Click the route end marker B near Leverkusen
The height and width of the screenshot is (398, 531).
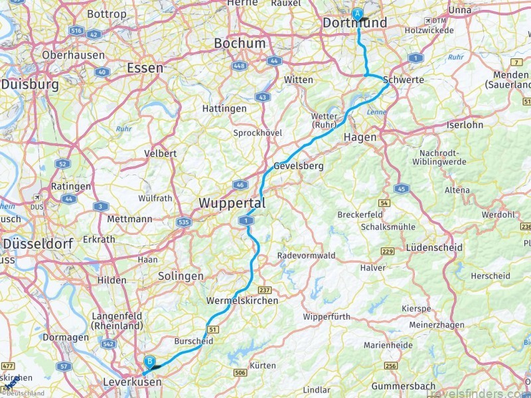tap(150, 361)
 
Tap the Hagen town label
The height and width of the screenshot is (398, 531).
tap(360, 137)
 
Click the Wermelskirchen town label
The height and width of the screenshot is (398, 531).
tap(242, 300)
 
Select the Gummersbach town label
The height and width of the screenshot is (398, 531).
tap(404, 385)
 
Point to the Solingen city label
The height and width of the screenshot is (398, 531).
tap(181, 276)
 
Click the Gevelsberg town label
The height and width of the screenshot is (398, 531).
tap(299, 166)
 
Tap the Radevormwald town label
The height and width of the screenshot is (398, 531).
tap(306, 255)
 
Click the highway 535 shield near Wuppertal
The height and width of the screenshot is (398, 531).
tap(185, 224)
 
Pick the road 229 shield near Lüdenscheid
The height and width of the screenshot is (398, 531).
tap(388, 250)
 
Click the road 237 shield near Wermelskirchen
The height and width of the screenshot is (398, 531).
tap(264, 290)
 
